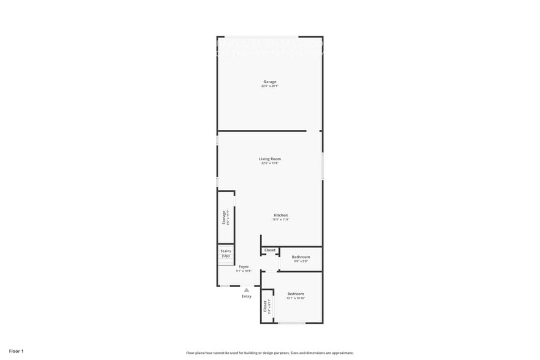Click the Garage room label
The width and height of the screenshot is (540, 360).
click(270, 81)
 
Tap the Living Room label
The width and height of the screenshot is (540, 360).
click(270, 159)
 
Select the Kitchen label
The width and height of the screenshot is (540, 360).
click(280, 215)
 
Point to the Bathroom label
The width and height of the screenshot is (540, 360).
click(301, 257)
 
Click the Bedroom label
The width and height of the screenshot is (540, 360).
click(296, 294)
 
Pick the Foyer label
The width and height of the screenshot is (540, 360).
click(244, 266)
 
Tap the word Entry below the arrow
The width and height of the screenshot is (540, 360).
click(246, 296)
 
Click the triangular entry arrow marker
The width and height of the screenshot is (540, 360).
click(246, 290)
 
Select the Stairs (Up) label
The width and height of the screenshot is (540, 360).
click(226, 253)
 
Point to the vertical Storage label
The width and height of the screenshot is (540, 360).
click(223, 217)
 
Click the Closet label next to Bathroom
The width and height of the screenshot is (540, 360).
click(270, 250)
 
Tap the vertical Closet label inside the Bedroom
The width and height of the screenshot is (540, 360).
click(265, 306)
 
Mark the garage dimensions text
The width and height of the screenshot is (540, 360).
click(270, 86)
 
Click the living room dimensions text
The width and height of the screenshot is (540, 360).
click(270, 163)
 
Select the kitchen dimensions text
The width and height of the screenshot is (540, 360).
click(280, 219)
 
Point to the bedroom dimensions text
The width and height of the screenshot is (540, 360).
click(296, 298)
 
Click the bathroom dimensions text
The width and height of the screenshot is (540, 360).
click(301, 261)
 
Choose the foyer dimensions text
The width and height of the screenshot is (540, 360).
click(244, 271)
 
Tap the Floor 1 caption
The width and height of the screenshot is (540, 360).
click(17, 351)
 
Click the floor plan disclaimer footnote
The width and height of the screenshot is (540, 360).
click(270, 353)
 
